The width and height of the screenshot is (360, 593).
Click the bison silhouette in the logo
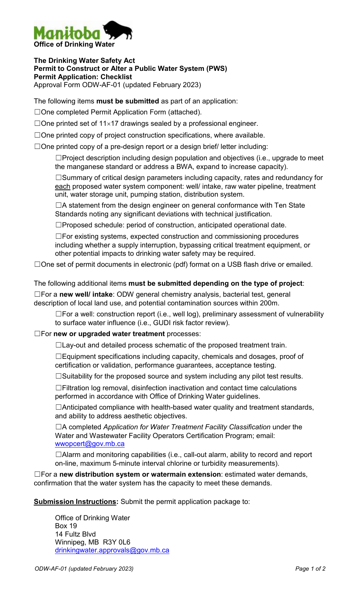pyautogui.click(x=118, y=30)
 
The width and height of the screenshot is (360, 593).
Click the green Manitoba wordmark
pyautogui.click(x=67, y=33)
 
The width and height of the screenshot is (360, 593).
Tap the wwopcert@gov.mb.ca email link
pyautogui.click(x=89, y=444)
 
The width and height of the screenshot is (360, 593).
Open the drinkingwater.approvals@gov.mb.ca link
pyautogui.click(x=112, y=550)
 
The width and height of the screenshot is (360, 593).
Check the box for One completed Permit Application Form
pyautogui.click(x=37, y=112)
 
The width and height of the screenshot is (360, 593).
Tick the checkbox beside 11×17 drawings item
pyautogui.click(x=37, y=124)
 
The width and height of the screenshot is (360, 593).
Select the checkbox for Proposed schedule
pyautogui.click(x=58, y=225)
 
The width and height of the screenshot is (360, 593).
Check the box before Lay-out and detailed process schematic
pyautogui.click(x=58, y=345)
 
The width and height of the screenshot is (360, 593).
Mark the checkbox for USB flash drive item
pyautogui.click(x=37, y=264)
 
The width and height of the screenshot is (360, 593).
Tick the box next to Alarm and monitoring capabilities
pyautogui.click(x=58, y=455)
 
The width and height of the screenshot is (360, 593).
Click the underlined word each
pyautogui.click(x=63, y=186)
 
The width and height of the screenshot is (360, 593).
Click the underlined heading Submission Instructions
pyautogui.click(x=75, y=502)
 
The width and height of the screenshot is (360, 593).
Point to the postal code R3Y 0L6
pyautogui.click(x=116, y=542)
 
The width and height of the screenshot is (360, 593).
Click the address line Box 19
pyautogui.click(x=66, y=526)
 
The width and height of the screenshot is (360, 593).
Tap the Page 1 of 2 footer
pyautogui.click(x=310, y=569)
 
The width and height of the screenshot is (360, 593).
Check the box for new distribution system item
pyautogui.click(x=37, y=474)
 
